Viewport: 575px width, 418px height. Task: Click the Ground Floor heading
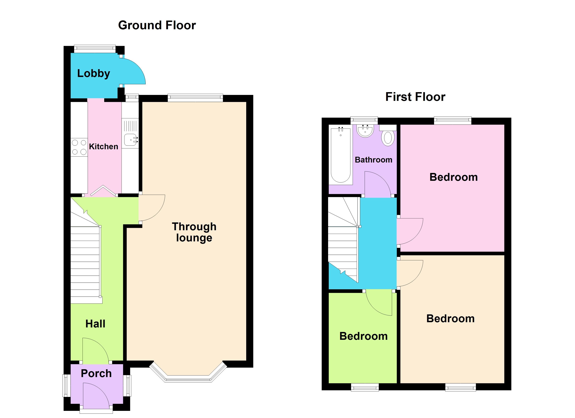(157, 25)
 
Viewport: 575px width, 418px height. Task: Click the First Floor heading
(415, 97)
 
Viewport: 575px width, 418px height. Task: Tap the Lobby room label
(94, 73)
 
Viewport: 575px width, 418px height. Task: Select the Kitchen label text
(103, 146)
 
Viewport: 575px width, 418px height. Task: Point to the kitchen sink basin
(131, 140)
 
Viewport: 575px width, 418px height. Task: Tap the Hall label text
(95, 324)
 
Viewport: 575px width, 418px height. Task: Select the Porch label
(96, 373)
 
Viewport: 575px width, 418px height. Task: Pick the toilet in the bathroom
(388, 138)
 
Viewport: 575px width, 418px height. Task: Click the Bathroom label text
(373, 160)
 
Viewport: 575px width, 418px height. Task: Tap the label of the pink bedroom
(453, 177)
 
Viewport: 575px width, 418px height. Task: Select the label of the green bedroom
(363, 336)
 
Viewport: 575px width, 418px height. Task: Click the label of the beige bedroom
(450, 319)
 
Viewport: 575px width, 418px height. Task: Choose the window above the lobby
(95, 49)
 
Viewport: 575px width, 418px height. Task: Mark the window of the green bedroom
(365, 387)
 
